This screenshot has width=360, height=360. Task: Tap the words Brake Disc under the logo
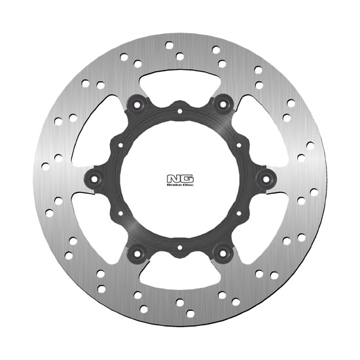tap(180, 185)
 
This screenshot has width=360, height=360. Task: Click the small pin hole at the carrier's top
tap(180, 111)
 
